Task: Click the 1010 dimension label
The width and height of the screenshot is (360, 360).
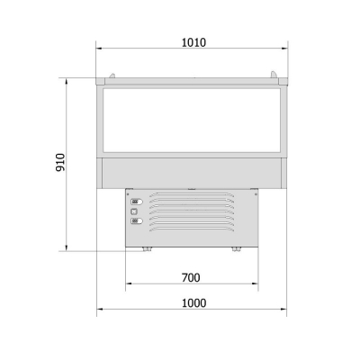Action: [193, 42]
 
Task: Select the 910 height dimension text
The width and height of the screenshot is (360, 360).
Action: [60, 162]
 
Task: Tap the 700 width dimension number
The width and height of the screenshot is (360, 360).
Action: [191, 278]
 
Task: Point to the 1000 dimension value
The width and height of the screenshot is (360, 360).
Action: [194, 303]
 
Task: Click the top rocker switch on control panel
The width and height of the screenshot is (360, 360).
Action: [137, 202]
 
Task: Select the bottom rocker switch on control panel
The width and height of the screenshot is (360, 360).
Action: [137, 221]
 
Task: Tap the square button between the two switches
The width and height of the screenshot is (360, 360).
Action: [134, 211]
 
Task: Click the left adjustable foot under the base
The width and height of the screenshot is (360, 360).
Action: [147, 249]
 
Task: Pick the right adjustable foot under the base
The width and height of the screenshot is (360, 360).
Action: [237, 249]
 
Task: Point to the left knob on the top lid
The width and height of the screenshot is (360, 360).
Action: [112, 76]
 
